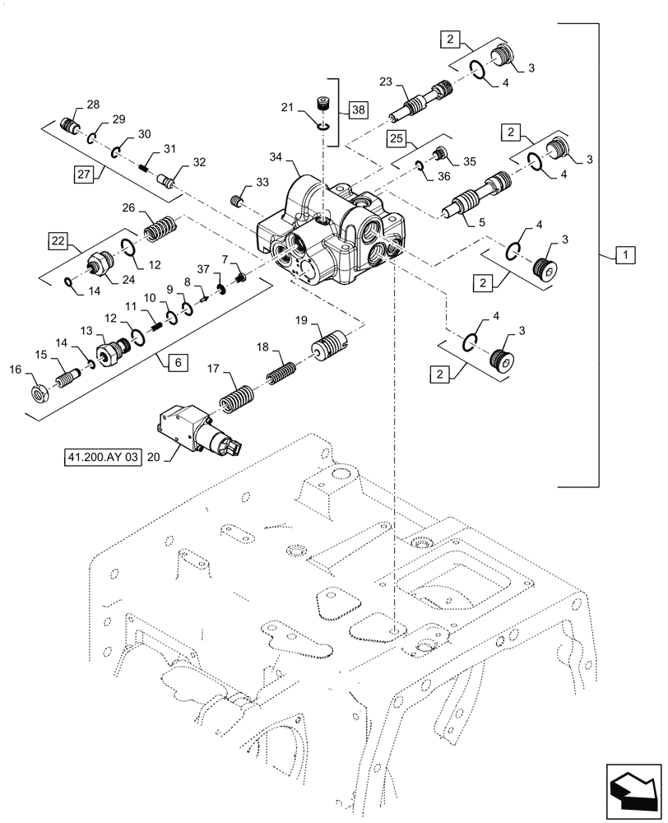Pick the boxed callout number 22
[x=58, y=239]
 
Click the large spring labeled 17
[x=239, y=402]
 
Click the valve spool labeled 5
[x=480, y=194]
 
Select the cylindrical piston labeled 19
[x=331, y=342]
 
